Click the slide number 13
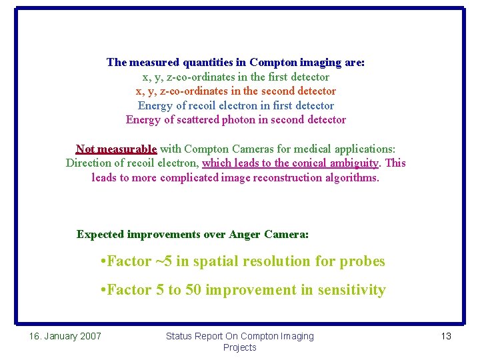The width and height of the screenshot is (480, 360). (x=446, y=336)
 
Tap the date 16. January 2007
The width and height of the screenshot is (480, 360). (x=65, y=336)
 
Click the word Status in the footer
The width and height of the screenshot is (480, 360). (x=180, y=336)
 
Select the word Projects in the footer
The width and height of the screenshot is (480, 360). (x=240, y=347)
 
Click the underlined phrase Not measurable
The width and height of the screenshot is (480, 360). (x=116, y=149)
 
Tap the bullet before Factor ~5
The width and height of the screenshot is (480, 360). (x=101, y=261)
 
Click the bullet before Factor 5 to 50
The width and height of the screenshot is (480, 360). (x=101, y=290)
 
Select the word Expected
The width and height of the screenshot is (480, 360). (x=100, y=235)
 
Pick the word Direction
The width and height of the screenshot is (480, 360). (x=90, y=163)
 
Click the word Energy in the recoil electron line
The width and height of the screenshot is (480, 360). (x=155, y=105)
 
